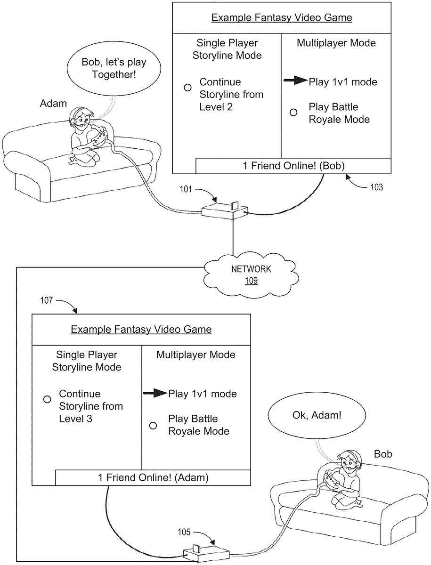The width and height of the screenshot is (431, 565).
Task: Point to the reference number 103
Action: [x=376, y=187]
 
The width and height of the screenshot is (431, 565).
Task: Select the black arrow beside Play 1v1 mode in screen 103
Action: [x=295, y=81]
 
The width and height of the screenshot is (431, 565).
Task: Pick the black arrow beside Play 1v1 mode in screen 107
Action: [x=155, y=393]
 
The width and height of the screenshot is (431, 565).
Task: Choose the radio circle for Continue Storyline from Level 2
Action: [x=187, y=88]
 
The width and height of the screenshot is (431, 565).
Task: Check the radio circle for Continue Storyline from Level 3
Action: [x=47, y=399]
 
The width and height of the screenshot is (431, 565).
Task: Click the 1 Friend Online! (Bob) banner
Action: [x=293, y=166]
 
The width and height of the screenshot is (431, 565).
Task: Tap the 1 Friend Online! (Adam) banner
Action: [x=153, y=477]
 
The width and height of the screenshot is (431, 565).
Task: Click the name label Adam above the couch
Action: [x=53, y=103]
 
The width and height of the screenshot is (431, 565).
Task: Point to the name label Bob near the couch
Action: [x=382, y=454]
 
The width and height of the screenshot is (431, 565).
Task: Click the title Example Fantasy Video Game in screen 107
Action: [x=141, y=329]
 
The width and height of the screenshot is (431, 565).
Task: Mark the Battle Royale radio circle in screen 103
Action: [x=293, y=113]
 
